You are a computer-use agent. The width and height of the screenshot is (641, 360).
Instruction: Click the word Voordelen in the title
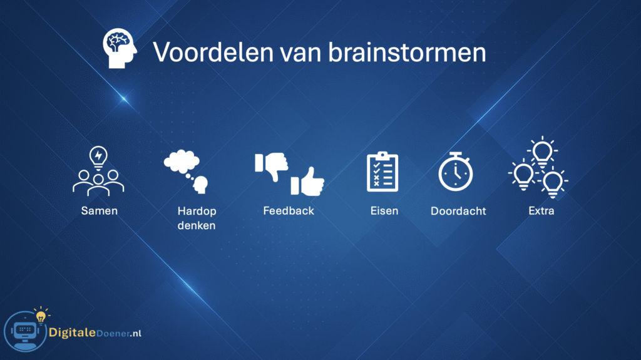click(213, 53)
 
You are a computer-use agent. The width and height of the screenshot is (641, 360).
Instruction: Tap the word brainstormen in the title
click(407, 53)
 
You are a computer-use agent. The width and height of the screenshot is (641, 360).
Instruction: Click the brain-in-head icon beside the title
click(120, 48)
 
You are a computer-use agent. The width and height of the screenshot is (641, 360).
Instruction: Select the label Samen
click(100, 211)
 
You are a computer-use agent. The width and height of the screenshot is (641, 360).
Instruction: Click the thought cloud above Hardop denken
click(182, 161)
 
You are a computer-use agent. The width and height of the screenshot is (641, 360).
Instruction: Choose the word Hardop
click(197, 211)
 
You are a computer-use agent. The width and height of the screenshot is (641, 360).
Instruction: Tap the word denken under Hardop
click(196, 225)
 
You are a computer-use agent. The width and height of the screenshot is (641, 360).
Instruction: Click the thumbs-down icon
click(272, 166)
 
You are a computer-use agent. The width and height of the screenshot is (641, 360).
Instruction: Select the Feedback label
click(289, 211)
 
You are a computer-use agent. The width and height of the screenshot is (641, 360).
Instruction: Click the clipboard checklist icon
click(382, 172)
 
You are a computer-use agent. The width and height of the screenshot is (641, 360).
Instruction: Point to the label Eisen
click(384, 211)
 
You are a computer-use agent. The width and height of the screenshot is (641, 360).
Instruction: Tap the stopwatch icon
click(456, 172)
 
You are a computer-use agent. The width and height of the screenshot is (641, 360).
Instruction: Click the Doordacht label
click(458, 211)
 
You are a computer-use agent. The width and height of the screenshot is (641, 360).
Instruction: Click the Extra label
click(541, 211)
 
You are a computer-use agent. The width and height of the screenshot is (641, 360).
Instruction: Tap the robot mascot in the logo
click(25, 331)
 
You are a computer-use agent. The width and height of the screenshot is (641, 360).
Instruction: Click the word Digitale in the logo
click(72, 332)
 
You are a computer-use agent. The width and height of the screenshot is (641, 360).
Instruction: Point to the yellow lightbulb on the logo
click(41, 316)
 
